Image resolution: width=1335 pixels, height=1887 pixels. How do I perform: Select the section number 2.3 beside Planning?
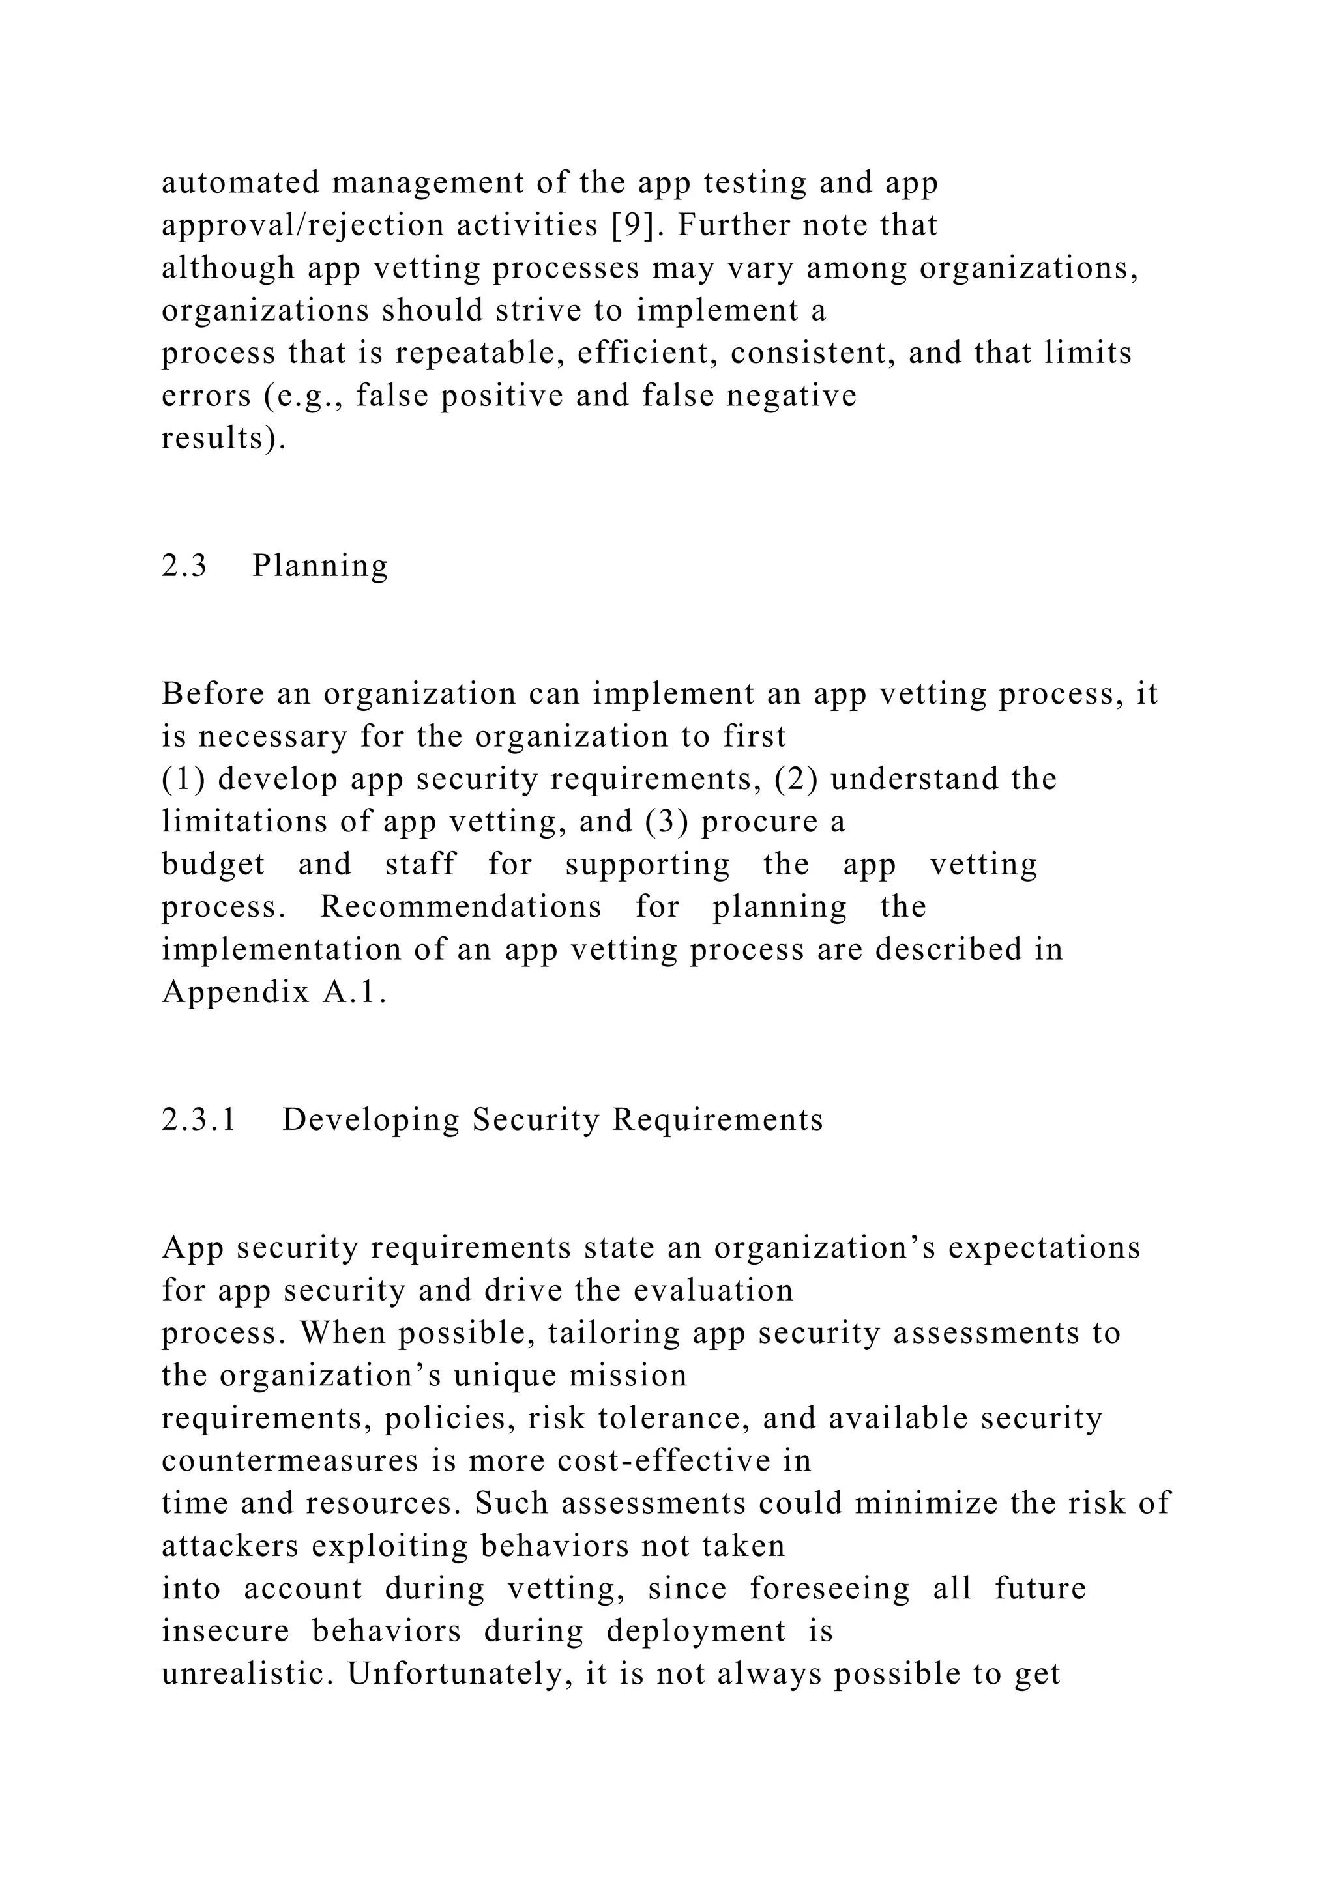point(184,566)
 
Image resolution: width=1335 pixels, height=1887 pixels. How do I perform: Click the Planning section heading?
point(320,566)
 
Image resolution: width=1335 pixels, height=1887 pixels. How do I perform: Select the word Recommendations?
point(460,906)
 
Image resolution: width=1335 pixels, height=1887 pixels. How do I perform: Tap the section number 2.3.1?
point(199,1119)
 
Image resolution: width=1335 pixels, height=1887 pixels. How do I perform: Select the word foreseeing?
point(829,1588)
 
